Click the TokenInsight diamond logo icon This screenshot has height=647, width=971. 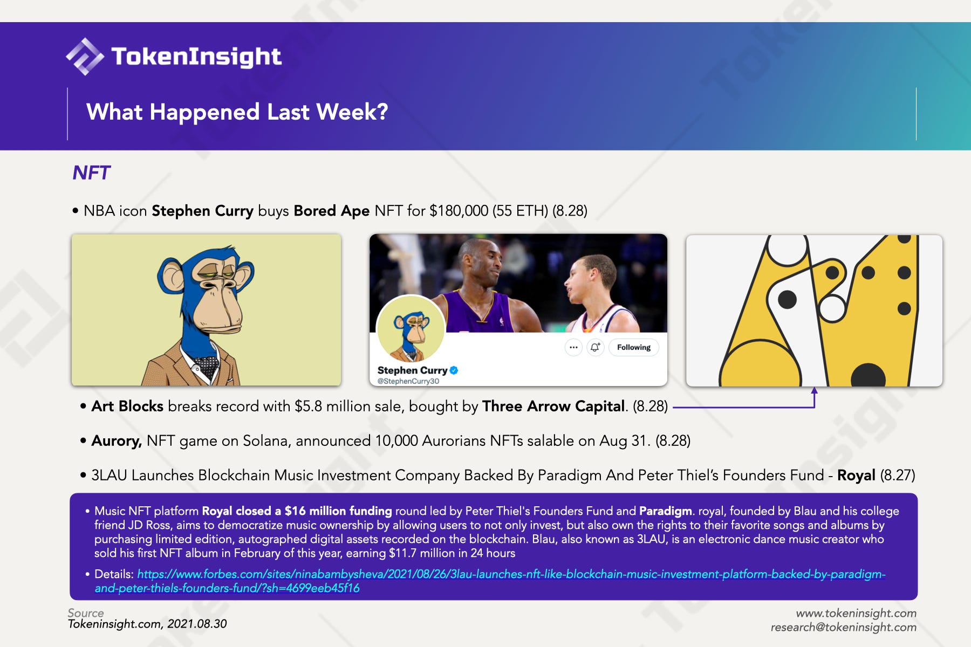coord(85,56)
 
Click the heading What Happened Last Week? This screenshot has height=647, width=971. coord(237,112)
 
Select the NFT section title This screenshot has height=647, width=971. coord(91,173)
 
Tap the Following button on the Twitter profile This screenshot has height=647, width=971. coord(634,347)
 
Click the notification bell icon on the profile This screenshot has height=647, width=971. coord(595,347)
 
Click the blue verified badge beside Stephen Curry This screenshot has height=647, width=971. coord(454,370)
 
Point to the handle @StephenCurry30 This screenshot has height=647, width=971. coord(408,381)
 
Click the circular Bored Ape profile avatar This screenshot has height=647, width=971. coord(411,329)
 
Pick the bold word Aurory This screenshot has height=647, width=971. coord(117,441)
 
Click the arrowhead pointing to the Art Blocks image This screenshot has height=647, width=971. coord(815,390)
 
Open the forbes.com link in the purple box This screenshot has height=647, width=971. coord(490,581)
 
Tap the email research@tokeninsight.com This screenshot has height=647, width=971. coord(844,627)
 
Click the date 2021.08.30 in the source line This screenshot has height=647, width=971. coord(197,624)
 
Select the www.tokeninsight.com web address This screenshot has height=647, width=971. coord(857,613)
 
